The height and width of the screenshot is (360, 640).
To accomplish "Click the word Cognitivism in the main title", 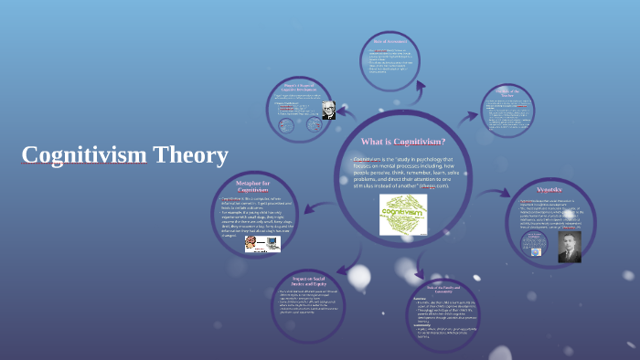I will click(x=84, y=155).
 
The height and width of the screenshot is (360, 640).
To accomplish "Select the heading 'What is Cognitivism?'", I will click(x=403, y=142).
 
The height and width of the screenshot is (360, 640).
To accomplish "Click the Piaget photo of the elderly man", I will click(x=328, y=111).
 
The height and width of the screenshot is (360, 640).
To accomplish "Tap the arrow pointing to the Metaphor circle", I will click(x=304, y=203).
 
